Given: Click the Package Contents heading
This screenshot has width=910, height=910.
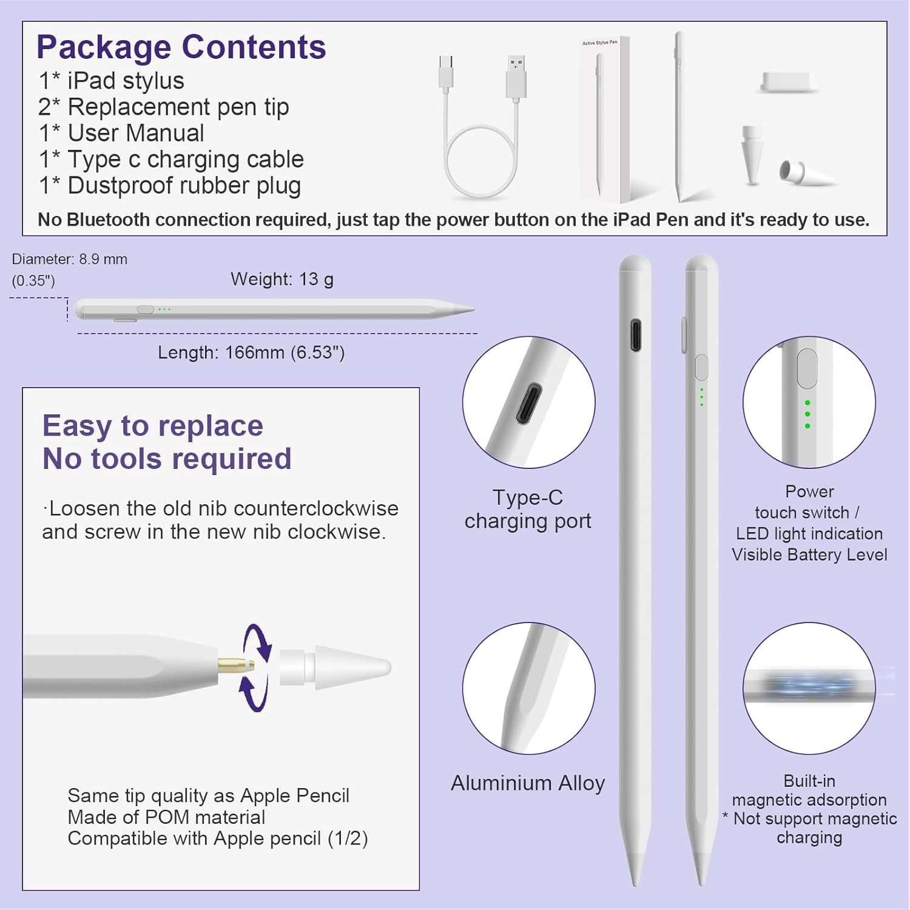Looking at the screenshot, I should tap(181, 47).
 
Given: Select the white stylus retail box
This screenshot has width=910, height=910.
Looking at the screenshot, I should tap(603, 118).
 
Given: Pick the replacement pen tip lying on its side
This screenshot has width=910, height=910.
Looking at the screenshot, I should tap(804, 173).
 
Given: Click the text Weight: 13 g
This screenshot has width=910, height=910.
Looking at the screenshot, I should tap(282, 279).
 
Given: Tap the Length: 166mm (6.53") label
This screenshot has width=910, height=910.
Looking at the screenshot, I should tap(251, 352).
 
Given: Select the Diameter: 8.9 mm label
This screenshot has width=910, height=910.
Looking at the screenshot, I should tap(70, 260).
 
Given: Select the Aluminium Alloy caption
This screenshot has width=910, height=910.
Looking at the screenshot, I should tap(528, 783).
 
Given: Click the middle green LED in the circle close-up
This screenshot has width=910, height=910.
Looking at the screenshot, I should tap(807, 414).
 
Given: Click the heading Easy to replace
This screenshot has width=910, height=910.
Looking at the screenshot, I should tap(153, 426).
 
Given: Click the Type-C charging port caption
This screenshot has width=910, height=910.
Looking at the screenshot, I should tap(528, 509).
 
